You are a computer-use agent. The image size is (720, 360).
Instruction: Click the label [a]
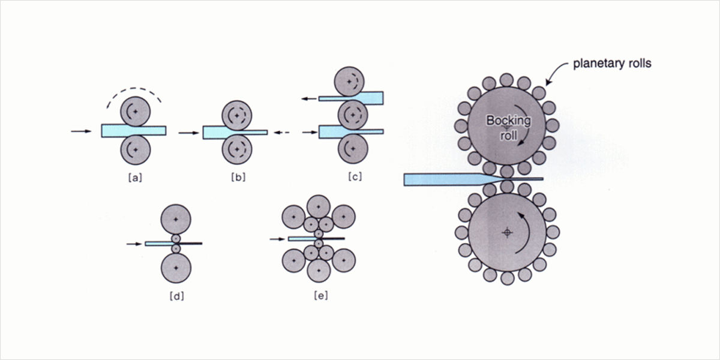[134, 177]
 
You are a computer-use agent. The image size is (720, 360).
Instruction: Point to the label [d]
[176, 295]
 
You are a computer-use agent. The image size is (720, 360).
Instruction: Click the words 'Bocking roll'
[508, 127]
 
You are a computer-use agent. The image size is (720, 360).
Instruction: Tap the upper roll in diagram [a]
[135, 112]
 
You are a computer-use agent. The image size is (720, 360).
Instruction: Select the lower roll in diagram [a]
[135, 149]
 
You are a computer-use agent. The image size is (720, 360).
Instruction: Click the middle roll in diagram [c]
[351, 113]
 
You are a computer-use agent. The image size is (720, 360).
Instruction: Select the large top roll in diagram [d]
[176, 220]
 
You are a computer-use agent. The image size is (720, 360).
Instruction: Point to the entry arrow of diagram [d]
[135, 244]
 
